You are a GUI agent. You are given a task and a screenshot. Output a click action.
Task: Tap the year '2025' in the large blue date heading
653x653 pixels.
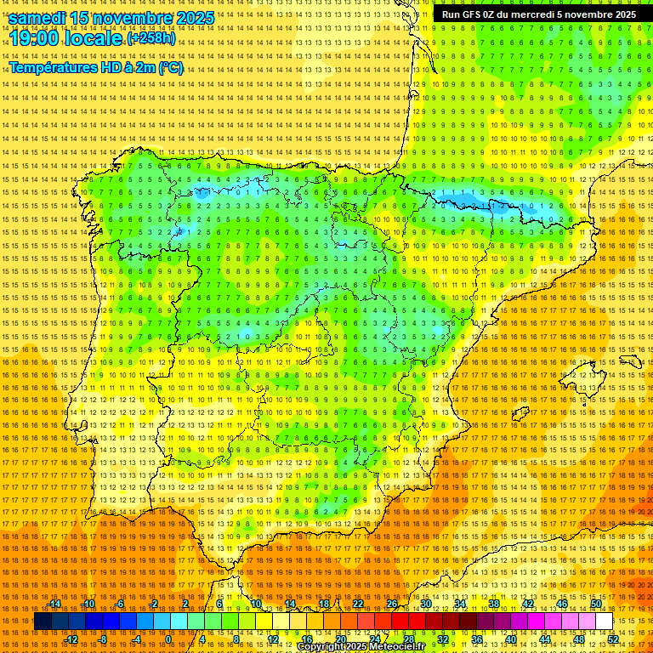pyautogui.click(x=189, y=18)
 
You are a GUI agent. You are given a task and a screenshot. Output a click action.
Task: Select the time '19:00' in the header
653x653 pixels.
pyautogui.click(x=36, y=38)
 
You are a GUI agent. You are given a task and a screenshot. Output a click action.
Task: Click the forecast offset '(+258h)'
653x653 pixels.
pyautogui.click(x=150, y=38)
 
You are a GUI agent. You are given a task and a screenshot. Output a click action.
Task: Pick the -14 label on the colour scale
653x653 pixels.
pyautogui.click(x=54, y=604)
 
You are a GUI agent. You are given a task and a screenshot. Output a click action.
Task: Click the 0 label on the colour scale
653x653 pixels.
pyautogui.click(x=168, y=639)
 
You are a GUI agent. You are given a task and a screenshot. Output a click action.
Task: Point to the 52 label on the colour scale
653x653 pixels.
pyautogui.click(x=612, y=639)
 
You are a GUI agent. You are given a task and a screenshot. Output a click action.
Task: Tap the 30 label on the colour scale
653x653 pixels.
pyautogui.click(x=425, y=604)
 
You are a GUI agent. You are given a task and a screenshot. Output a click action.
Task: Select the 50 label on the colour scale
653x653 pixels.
pyautogui.click(x=596, y=604)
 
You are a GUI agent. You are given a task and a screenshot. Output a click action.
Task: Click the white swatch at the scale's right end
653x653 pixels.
pyautogui.click(x=604, y=622)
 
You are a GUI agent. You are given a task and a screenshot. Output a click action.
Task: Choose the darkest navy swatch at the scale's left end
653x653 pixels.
pyautogui.click(x=42, y=622)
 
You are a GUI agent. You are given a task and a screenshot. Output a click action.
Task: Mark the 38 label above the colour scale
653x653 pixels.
pyautogui.click(x=494, y=604)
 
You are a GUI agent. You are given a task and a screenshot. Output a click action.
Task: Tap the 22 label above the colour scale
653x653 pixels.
pyautogui.click(x=357, y=604)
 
